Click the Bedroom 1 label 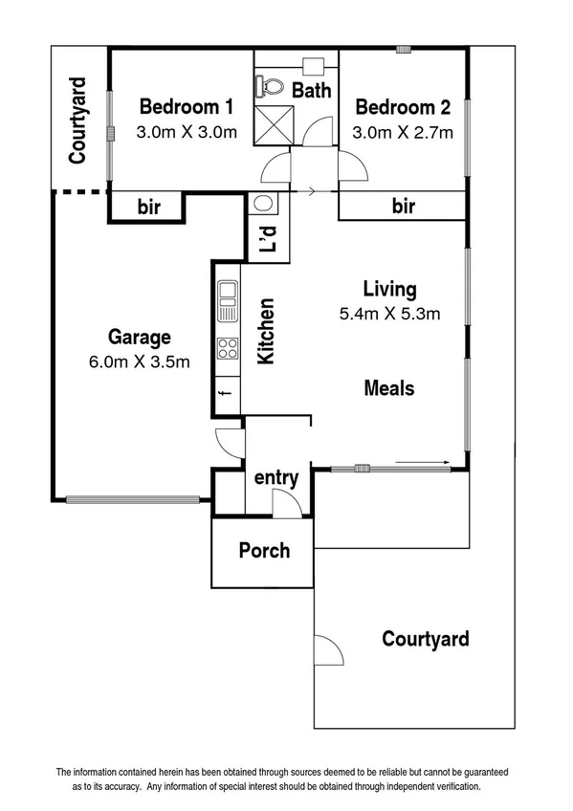(187, 105)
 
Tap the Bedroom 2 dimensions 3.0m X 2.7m (402, 133)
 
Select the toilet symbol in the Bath (272, 87)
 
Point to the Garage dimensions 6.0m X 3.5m (139, 362)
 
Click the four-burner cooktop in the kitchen (227, 349)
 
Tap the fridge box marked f (227, 394)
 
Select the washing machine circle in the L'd (263, 204)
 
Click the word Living (389, 288)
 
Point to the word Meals (389, 388)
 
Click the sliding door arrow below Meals (422, 463)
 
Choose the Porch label (263, 551)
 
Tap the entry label (275, 477)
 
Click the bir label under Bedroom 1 (148, 207)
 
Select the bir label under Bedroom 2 (404, 206)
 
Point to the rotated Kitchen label (268, 332)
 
